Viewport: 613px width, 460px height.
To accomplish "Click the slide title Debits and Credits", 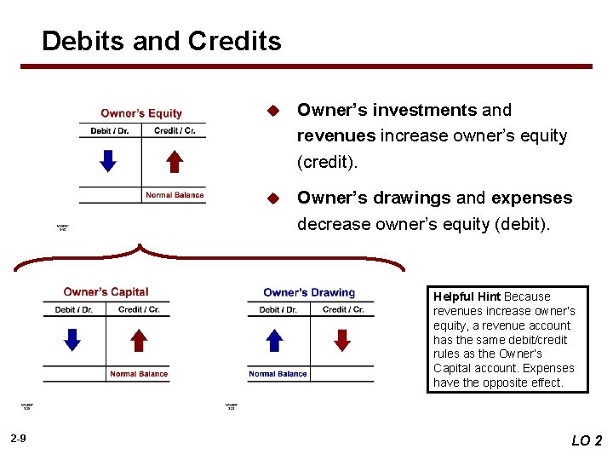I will pos(161,41).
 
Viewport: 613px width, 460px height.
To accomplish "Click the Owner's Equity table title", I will pos(141,113).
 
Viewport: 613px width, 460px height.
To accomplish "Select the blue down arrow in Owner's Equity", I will pos(109,160).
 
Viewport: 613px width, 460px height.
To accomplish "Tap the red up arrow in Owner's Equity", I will pos(174,160).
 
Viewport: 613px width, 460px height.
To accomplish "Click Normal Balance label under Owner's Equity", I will pos(175,195).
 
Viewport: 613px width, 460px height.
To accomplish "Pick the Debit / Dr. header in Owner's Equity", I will pos(109,131).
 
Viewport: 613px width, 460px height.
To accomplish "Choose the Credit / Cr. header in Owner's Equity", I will pos(175,131).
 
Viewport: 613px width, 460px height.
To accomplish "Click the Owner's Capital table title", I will pos(106,292).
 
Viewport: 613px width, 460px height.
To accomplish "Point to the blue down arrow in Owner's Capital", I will pos(73,340).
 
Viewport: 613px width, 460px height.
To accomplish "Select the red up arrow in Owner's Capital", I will pos(139,340).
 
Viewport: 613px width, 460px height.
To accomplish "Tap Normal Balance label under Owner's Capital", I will pos(139,374).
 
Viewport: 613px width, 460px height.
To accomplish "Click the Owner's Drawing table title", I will pos(309,292).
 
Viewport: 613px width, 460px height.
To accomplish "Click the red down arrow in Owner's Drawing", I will pos(342,340).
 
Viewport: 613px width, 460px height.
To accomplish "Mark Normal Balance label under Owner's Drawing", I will pos(278,374).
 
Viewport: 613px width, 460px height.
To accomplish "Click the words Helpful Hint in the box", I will pos(467,296).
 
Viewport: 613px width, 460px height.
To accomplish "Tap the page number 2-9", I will pos(19,438).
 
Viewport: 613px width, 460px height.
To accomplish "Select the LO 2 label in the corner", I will pos(587,440).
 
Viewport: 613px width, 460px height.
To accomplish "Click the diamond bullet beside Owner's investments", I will pos(273,111).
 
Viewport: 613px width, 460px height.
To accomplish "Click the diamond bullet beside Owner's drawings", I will pos(273,198).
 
